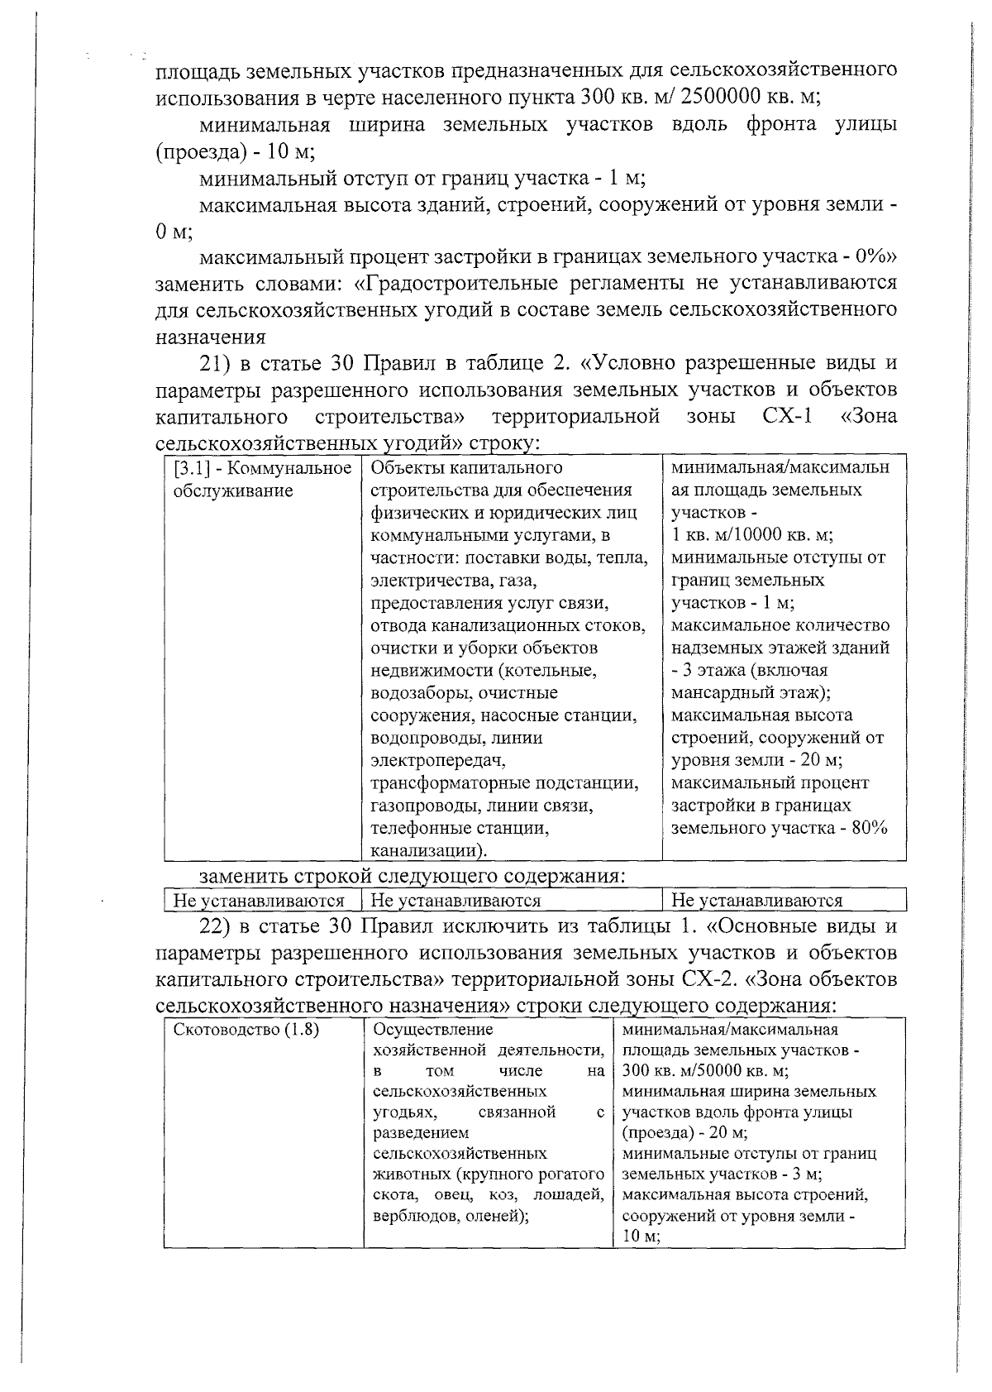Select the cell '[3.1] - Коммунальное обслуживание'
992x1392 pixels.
pyautogui.click(x=261, y=480)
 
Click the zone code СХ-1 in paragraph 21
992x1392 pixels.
pyautogui.click(x=785, y=415)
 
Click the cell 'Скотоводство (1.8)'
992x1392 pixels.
pyautogui.click(x=247, y=1031)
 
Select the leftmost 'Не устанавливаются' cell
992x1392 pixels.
pyautogui.click(x=259, y=901)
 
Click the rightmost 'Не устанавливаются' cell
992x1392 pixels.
pyautogui.click(x=757, y=901)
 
